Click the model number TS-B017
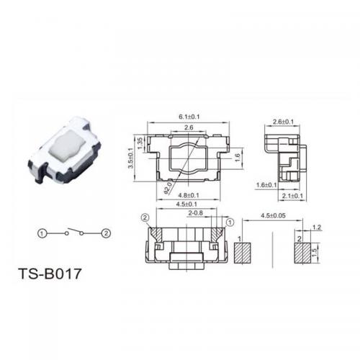pos(50,274)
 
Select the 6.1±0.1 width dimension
pos(189,117)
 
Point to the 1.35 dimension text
pos(140,143)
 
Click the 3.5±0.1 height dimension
pos(130,158)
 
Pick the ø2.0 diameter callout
pos(168,188)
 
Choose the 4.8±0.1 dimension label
pos(189,195)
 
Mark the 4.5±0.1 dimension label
pos(186,204)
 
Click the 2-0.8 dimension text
pos(196,213)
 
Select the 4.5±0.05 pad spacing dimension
pos(273,215)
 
